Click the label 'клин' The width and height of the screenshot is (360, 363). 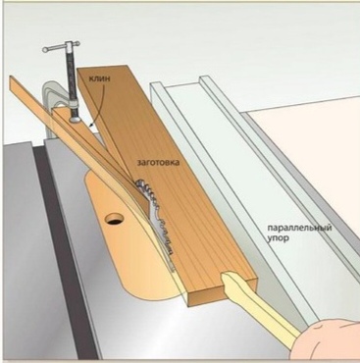pyautogui.click(x=100, y=78)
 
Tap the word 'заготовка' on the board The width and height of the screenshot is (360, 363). pyautogui.click(x=158, y=162)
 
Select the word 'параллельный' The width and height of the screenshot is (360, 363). pyautogui.click(x=299, y=228)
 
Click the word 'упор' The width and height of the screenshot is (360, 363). pyautogui.click(x=278, y=238)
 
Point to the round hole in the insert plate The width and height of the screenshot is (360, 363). pyautogui.click(x=114, y=219)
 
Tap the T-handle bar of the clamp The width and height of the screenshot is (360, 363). pyautogui.click(x=61, y=46)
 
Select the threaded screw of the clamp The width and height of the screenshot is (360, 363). pyautogui.click(x=72, y=81)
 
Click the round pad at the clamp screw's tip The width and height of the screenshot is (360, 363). pyautogui.click(x=76, y=120)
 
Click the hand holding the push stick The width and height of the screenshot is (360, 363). pyautogui.click(x=326, y=341)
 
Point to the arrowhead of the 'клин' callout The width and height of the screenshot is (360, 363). pyautogui.click(x=92, y=125)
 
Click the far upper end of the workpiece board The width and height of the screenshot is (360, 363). pyautogui.click(x=106, y=68)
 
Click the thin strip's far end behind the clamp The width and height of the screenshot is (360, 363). pyautogui.click(x=13, y=81)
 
